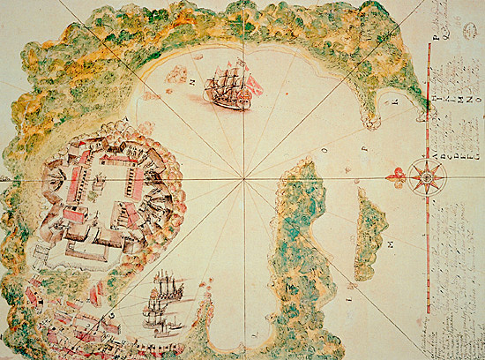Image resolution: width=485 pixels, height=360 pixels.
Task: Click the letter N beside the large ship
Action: click(x=190, y=77)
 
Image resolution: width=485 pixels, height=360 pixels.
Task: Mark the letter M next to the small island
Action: click(x=390, y=241)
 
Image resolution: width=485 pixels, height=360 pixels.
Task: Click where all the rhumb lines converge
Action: click(x=242, y=179)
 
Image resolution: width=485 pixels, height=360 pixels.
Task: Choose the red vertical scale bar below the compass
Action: click(x=429, y=265)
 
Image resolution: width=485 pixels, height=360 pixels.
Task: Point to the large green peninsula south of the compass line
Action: click(x=300, y=247)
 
